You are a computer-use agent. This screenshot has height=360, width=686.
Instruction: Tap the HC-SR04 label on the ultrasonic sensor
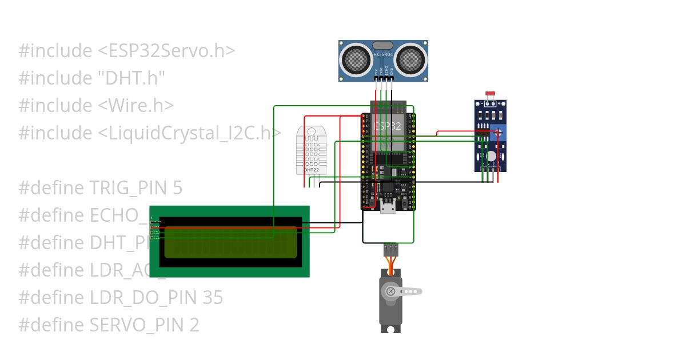(383, 54)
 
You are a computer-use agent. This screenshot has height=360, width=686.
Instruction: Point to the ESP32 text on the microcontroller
(388, 126)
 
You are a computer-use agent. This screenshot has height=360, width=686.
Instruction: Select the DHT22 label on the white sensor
(311, 170)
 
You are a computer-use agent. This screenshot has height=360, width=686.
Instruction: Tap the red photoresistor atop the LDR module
(489, 93)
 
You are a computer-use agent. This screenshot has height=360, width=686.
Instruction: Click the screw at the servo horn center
(390, 291)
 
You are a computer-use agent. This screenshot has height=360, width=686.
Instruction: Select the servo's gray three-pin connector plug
(391, 250)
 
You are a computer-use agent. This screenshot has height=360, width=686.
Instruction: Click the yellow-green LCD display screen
(230, 242)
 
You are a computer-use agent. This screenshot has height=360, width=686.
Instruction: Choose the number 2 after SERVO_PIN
(194, 325)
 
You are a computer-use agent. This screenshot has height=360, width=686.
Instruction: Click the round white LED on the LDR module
(490, 156)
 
